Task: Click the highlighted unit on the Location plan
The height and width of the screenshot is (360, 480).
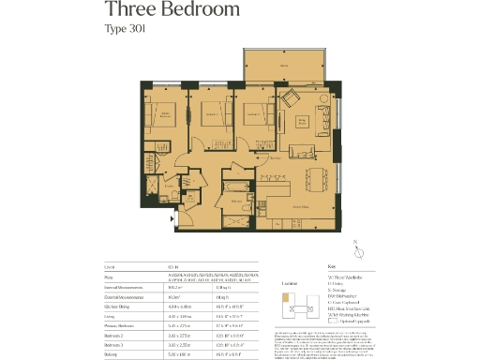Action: click(x=287, y=299)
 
